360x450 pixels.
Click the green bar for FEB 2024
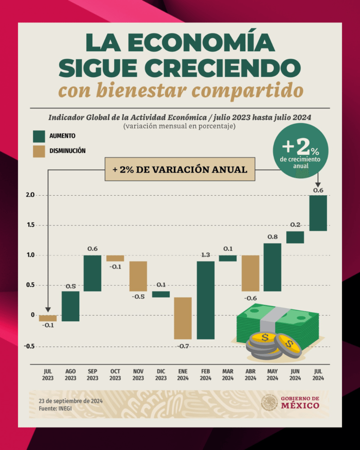click(206, 300)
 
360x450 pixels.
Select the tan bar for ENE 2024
click(183, 318)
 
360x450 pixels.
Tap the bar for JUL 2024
click(318, 213)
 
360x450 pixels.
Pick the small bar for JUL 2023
click(48, 318)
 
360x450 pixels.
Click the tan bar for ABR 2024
click(250, 273)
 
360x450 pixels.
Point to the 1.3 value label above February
click(206, 256)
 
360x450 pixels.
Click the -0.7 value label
click(183, 346)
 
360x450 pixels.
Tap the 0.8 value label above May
click(273, 237)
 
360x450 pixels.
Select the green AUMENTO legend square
click(40, 136)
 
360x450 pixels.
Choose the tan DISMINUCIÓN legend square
click(40, 151)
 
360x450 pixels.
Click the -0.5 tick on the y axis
click(29, 346)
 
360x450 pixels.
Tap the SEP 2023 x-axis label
click(93, 374)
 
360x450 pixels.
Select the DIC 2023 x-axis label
click(161, 374)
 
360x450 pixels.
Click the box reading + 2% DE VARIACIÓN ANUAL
click(180, 169)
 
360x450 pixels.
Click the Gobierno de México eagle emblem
click(269, 402)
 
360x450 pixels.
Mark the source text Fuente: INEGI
click(55, 408)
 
